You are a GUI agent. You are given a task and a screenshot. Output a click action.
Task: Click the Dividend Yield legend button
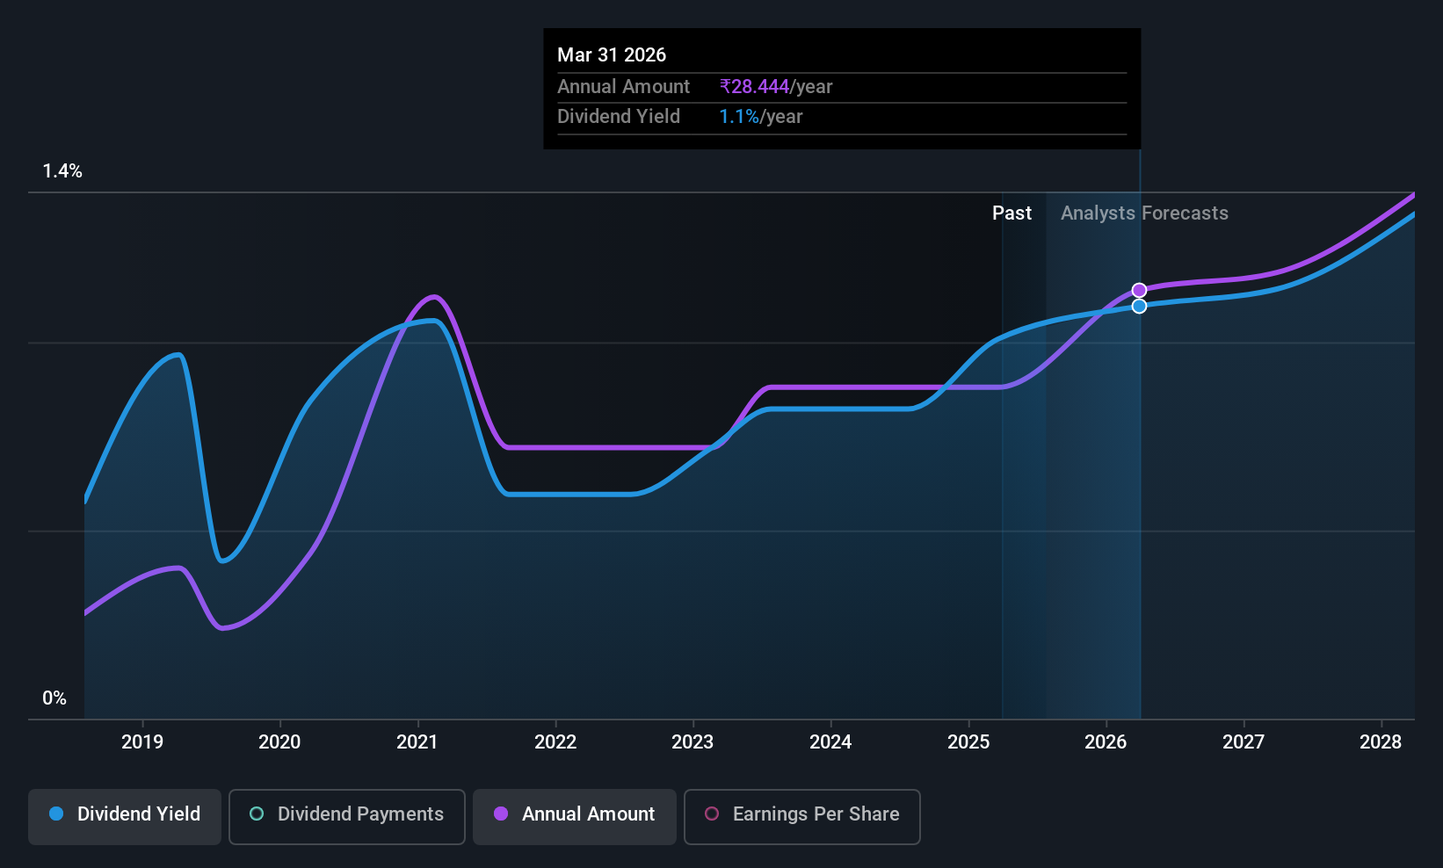(124, 816)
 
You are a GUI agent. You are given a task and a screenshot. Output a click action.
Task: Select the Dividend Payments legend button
(346, 816)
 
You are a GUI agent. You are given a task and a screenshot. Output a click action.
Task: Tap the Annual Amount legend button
(574, 816)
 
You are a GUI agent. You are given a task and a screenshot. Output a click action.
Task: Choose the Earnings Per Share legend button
(802, 816)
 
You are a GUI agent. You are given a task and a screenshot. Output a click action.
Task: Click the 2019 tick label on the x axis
(142, 741)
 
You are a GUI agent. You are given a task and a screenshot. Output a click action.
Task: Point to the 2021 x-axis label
(417, 741)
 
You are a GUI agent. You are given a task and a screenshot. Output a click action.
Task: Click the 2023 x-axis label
(692, 741)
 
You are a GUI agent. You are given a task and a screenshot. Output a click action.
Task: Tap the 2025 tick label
(968, 741)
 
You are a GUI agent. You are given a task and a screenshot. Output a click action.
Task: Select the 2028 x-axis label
(1381, 741)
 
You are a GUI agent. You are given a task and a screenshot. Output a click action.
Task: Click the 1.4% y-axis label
(62, 171)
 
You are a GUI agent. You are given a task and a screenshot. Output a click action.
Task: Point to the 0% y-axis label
(54, 698)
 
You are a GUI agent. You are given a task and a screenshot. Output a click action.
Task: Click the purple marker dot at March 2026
(1139, 291)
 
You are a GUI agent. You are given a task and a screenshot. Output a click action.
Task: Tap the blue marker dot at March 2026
(1139, 307)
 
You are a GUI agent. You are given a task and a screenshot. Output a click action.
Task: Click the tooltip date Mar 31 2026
(612, 54)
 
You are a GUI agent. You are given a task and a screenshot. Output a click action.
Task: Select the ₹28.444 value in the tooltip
(754, 86)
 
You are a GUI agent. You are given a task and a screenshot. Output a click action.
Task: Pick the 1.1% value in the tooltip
(739, 117)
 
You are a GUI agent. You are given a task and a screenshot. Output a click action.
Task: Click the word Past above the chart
(1012, 213)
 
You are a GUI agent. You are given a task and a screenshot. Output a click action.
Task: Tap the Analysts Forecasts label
(1144, 213)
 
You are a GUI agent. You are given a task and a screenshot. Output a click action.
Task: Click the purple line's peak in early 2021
(435, 297)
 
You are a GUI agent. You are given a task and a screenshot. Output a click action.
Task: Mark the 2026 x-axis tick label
(1106, 741)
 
